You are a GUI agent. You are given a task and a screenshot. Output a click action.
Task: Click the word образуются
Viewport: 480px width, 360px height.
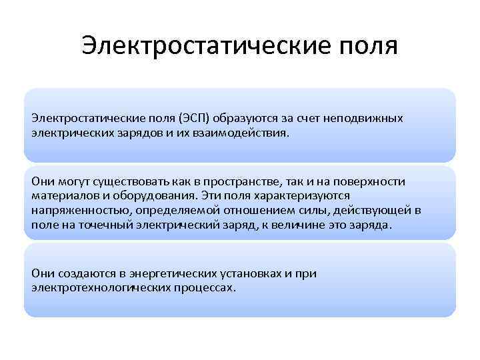pyautogui.click(x=251, y=119)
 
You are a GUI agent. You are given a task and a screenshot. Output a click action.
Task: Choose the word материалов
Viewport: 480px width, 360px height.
pyautogui.click(x=61, y=196)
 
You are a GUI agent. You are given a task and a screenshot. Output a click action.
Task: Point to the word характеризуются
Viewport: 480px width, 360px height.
pyautogui.click(x=307, y=196)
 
